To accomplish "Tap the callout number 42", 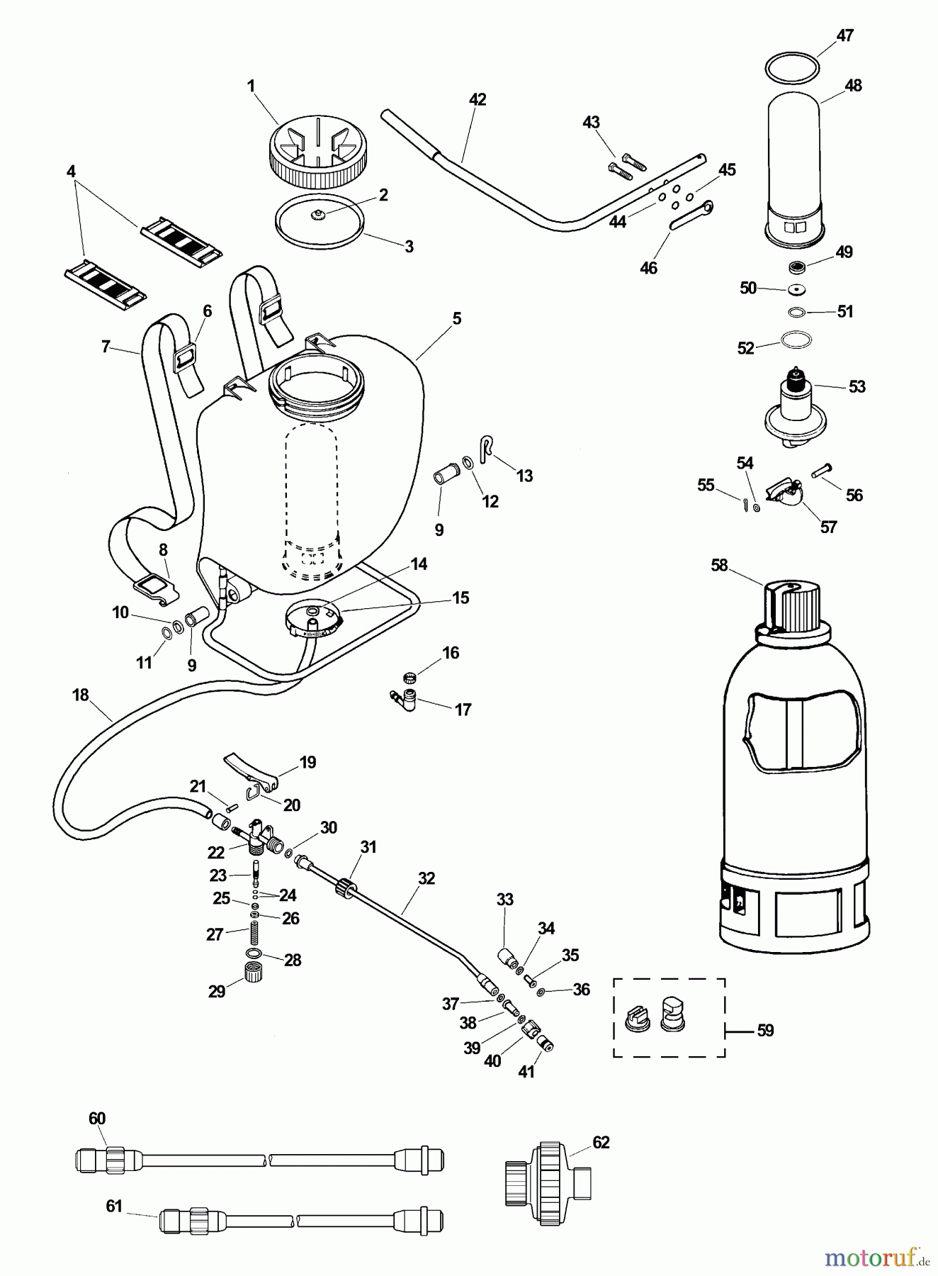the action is click(x=478, y=100).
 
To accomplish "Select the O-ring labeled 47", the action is click(x=793, y=67).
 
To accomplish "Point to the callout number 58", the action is click(x=719, y=565).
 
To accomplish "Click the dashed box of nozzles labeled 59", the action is click(x=669, y=1017).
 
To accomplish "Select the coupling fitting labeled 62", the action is click(x=548, y=1183).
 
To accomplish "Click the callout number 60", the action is click(x=97, y=1118).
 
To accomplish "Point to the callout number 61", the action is click(x=114, y=1206).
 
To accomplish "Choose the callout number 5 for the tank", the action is click(x=457, y=318).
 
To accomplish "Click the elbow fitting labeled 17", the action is click(x=402, y=698).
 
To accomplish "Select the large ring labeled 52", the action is click(x=796, y=340).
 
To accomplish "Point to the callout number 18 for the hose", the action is click(x=80, y=695).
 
